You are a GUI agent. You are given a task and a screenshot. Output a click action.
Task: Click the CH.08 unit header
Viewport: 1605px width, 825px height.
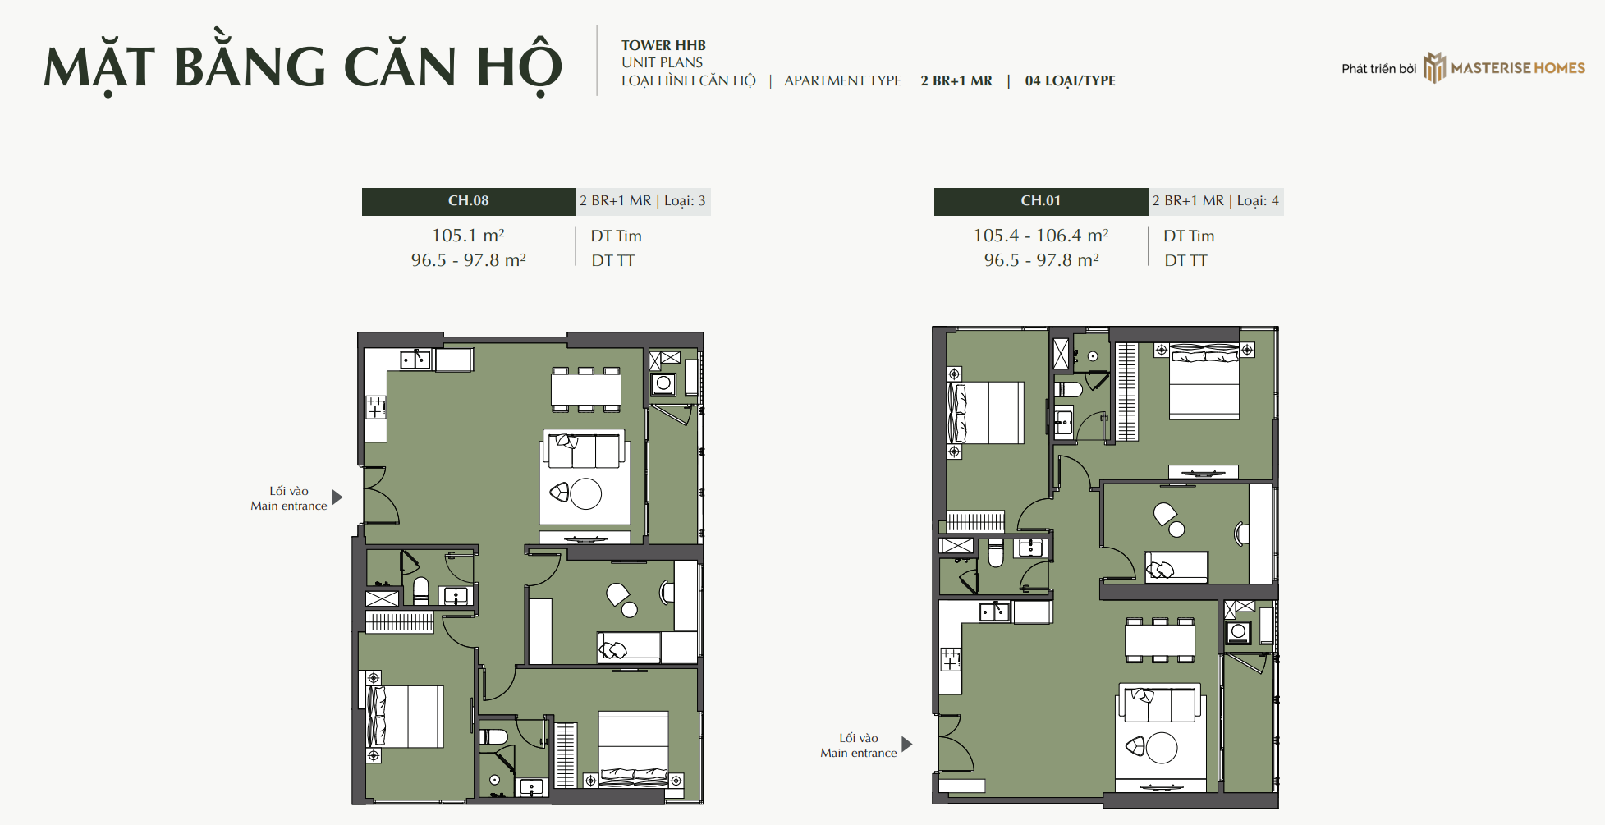(x=468, y=201)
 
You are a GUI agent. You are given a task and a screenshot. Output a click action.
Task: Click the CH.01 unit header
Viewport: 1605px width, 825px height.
(x=1040, y=201)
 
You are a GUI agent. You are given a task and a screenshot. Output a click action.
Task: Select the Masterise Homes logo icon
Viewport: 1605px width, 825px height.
(x=1434, y=68)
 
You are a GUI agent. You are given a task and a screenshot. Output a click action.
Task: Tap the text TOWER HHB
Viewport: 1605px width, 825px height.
(x=663, y=45)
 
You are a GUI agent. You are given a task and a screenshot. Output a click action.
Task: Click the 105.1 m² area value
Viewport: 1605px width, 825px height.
(x=468, y=236)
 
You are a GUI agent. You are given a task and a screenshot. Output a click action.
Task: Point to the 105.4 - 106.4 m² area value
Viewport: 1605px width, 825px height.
(x=1041, y=236)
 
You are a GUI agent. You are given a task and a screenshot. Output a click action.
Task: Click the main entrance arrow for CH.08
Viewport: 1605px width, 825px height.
(x=337, y=497)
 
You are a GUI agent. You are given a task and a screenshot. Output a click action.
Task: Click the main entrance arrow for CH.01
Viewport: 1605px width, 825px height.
(x=906, y=744)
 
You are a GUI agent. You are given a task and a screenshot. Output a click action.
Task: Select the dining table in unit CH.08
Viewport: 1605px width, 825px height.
(x=586, y=389)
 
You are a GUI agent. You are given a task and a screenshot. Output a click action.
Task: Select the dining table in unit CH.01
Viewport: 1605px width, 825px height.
(x=1160, y=639)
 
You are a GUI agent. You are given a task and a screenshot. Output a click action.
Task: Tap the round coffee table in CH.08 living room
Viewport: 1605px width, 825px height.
(x=586, y=494)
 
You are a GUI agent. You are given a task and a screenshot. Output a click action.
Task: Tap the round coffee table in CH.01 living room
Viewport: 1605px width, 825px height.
(x=1162, y=748)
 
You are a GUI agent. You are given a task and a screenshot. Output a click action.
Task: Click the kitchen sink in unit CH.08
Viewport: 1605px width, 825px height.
(x=415, y=360)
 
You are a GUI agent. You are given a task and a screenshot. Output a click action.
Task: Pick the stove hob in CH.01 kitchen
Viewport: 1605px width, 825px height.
(x=951, y=659)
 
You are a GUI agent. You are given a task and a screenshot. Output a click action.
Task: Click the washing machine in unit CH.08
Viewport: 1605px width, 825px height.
(x=663, y=383)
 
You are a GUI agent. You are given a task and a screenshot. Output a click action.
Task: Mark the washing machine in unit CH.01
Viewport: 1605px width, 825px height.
(x=1238, y=632)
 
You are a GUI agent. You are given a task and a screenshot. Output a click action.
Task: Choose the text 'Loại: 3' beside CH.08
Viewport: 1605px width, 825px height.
(x=685, y=201)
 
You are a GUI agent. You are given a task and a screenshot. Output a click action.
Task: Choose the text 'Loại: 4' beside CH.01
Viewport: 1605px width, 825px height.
(x=1258, y=201)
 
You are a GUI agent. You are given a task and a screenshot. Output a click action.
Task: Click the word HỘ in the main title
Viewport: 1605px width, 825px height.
(x=519, y=67)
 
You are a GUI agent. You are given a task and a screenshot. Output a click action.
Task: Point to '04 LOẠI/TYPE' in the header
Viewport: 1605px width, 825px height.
(x=1070, y=80)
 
